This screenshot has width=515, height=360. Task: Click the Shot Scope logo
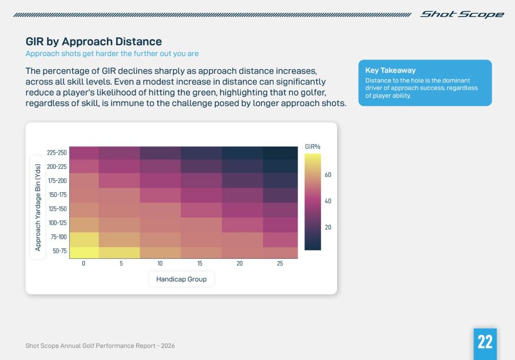click(462, 14)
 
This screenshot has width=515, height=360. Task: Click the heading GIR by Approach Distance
click(93, 42)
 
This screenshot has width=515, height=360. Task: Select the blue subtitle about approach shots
click(112, 54)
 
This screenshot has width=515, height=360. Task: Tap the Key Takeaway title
click(390, 70)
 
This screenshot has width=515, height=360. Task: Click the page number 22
click(485, 342)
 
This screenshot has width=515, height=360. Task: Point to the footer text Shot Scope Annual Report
click(100, 346)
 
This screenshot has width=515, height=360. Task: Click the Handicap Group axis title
click(181, 279)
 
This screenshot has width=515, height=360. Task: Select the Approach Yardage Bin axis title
click(38, 207)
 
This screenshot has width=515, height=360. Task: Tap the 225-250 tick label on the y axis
click(57, 153)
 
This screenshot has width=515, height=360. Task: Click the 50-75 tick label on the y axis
click(60, 251)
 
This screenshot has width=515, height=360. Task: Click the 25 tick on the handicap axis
click(280, 264)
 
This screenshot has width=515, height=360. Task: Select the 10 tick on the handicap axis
click(160, 264)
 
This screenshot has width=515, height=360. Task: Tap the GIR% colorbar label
click(312, 147)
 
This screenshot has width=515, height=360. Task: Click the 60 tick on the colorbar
click(328, 175)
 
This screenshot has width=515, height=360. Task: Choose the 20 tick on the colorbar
click(328, 227)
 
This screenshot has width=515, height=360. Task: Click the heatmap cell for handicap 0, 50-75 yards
click(84, 252)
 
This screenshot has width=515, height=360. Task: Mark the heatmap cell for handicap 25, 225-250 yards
click(280, 153)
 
